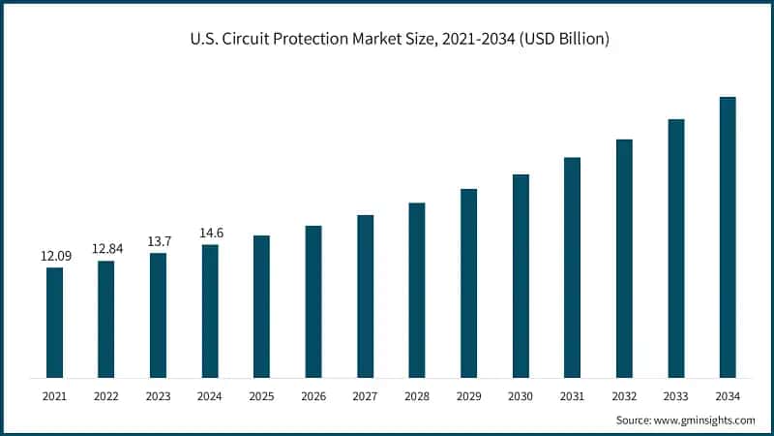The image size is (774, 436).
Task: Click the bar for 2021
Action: (x=54, y=323)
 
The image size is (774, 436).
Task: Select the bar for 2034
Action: (x=728, y=237)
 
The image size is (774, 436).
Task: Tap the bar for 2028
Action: (x=417, y=291)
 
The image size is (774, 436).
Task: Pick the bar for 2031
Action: (x=572, y=267)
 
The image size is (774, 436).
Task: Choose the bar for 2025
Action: (x=261, y=306)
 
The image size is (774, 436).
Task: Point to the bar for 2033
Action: (x=676, y=248)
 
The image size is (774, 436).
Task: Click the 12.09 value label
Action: (x=54, y=257)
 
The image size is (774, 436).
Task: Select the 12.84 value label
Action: (x=106, y=249)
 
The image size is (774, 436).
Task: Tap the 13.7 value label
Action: (x=158, y=241)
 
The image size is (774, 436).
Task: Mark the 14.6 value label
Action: (x=210, y=233)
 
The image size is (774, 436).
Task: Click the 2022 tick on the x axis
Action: (x=106, y=396)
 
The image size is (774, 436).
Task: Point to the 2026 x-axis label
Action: (x=313, y=396)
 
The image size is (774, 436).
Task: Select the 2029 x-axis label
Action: (x=468, y=396)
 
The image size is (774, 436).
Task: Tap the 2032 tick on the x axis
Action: (x=624, y=396)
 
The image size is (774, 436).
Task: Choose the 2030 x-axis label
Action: (x=521, y=396)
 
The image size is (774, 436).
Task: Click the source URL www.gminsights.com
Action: (x=703, y=420)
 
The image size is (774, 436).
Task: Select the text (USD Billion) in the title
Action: (x=561, y=39)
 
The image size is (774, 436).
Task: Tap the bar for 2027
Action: (x=365, y=296)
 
